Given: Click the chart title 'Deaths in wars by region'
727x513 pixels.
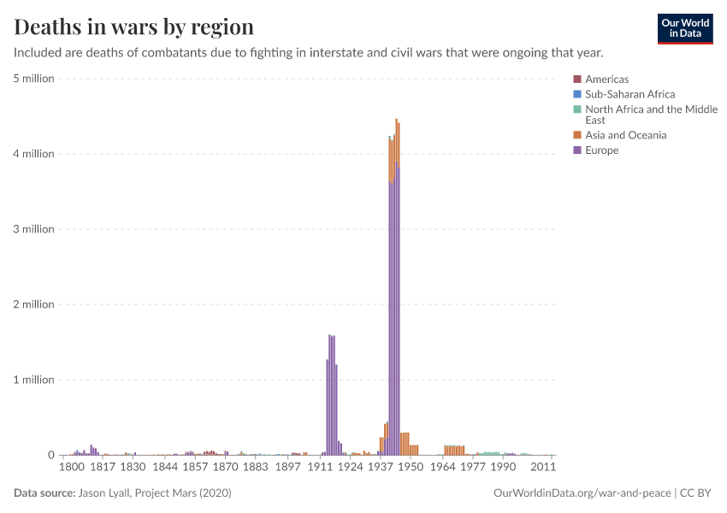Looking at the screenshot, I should click(x=133, y=27).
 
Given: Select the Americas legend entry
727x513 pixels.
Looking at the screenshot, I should click(x=606, y=80).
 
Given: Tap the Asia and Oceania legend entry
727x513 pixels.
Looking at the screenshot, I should click(x=625, y=135).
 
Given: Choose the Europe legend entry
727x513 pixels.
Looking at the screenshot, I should click(x=601, y=150).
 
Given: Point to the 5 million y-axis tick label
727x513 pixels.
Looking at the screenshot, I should click(x=33, y=79).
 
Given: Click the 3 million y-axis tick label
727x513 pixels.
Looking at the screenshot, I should click(x=33, y=229).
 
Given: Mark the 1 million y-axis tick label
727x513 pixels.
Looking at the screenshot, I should click(x=33, y=380).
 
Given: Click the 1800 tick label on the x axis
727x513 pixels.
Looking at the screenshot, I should click(x=71, y=468).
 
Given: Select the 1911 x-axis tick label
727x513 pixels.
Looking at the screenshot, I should click(x=321, y=468).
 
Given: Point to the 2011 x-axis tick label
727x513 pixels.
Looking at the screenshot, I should click(x=543, y=468).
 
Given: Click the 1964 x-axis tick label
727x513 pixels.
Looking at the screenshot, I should click(x=442, y=468).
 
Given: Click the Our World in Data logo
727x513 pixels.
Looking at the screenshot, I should click(x=684, y=28).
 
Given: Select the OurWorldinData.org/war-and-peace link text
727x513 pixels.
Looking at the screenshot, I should click(x=582, y=493).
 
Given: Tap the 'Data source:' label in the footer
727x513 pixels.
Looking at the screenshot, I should click(x=44, y=493).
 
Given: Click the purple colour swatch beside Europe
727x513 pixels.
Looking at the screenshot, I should click(x=577, y=150).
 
